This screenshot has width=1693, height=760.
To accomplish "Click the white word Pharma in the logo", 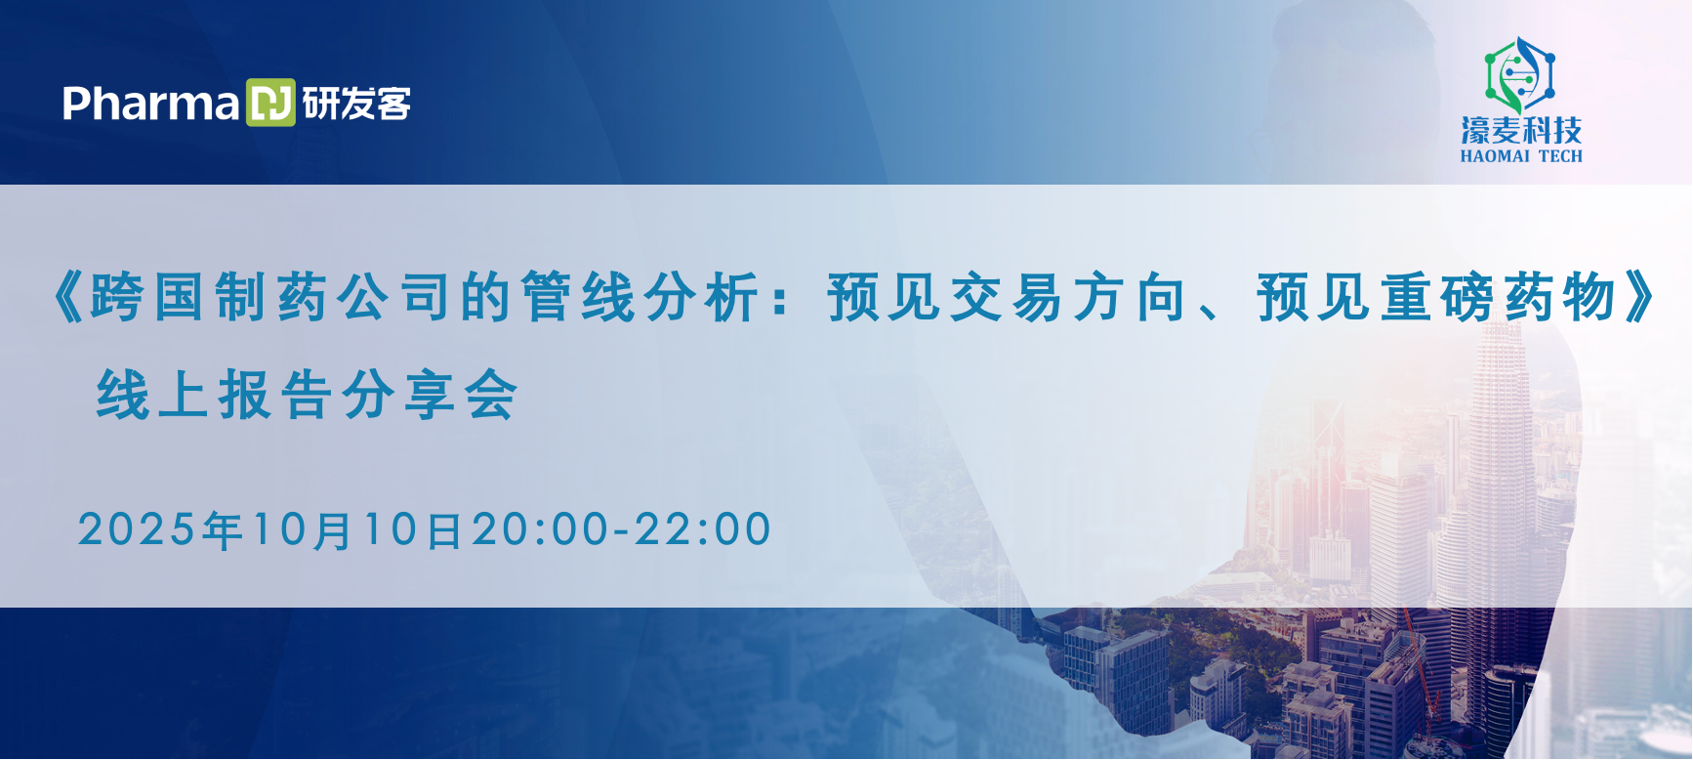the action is [x=150, y=104].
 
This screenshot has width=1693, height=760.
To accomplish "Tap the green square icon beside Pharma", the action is [x=270, y=103].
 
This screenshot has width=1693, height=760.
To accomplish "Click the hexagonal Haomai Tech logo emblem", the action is [x=1520, y=73].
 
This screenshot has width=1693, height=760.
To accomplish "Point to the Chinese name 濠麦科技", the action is [x=1520, y=130].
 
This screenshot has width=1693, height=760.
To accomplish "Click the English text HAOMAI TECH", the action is [x=1521, y=156].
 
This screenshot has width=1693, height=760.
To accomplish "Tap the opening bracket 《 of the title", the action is [x=68, y=297].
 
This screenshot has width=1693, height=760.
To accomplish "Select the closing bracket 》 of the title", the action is [x=1639, y=297].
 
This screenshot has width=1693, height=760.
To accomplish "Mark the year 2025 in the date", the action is [x=137, y=529].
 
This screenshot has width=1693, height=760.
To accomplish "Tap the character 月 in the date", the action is [x=333, y=530].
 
